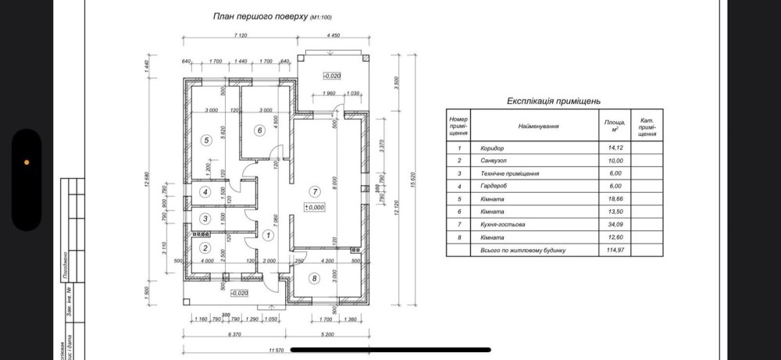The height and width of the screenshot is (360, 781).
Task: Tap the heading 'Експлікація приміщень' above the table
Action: pos(553,101)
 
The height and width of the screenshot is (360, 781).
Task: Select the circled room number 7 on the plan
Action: pos(315,191)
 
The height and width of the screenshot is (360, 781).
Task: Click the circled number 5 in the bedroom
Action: pos(206,141)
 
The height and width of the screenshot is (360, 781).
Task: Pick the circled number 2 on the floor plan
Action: pos(206,248)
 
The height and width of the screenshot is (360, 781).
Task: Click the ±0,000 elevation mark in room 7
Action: pos(315,207)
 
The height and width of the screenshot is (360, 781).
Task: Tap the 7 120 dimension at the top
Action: pos(241,36)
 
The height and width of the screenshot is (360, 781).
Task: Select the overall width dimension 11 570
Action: pos(276,350)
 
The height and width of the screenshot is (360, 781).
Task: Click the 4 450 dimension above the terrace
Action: pos(333,36)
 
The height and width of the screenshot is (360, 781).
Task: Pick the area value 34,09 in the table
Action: pos(615,224)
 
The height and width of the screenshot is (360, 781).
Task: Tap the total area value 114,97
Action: pos(615,249)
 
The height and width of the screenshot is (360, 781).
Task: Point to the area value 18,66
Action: pos(615,198)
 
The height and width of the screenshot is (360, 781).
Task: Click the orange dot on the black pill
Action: pos(27,162)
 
